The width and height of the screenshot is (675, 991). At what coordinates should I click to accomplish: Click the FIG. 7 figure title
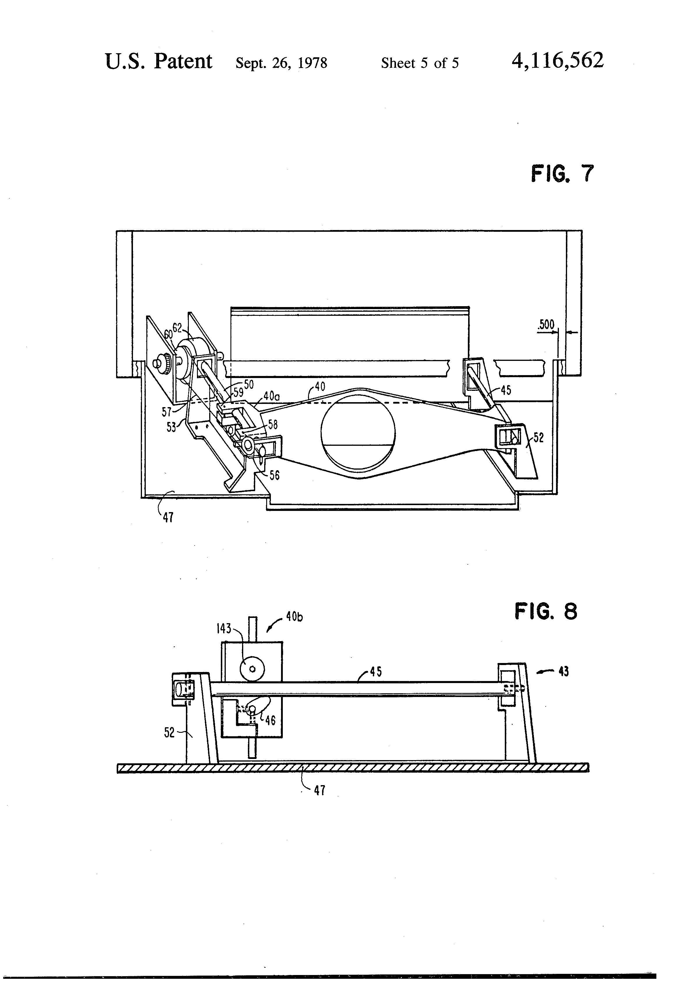click(x=562, y=174)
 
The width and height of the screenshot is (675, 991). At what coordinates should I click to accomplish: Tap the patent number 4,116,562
click(x=558, y=60)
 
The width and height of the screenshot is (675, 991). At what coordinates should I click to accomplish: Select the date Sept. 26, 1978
click(x=281, y=63)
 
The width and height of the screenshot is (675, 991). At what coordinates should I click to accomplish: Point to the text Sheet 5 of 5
click(x=420, y=63)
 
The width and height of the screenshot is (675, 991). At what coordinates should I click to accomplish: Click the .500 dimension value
click(x=546, y=325)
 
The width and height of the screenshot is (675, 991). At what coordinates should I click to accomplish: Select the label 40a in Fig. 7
click(x=271, y=396)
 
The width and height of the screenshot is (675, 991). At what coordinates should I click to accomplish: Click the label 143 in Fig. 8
click(x=224, y=629)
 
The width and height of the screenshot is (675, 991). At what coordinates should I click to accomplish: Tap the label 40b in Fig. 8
click(x=294, y=616)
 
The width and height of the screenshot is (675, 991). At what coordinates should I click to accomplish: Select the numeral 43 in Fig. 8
click(x=563, y=672)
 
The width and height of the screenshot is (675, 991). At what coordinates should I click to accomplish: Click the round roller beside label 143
click(x=252, y=669)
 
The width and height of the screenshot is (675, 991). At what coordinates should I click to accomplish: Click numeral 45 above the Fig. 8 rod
click(x=376, y=672)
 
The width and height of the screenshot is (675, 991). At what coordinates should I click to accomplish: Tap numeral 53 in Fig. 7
click(x=171, y=427)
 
